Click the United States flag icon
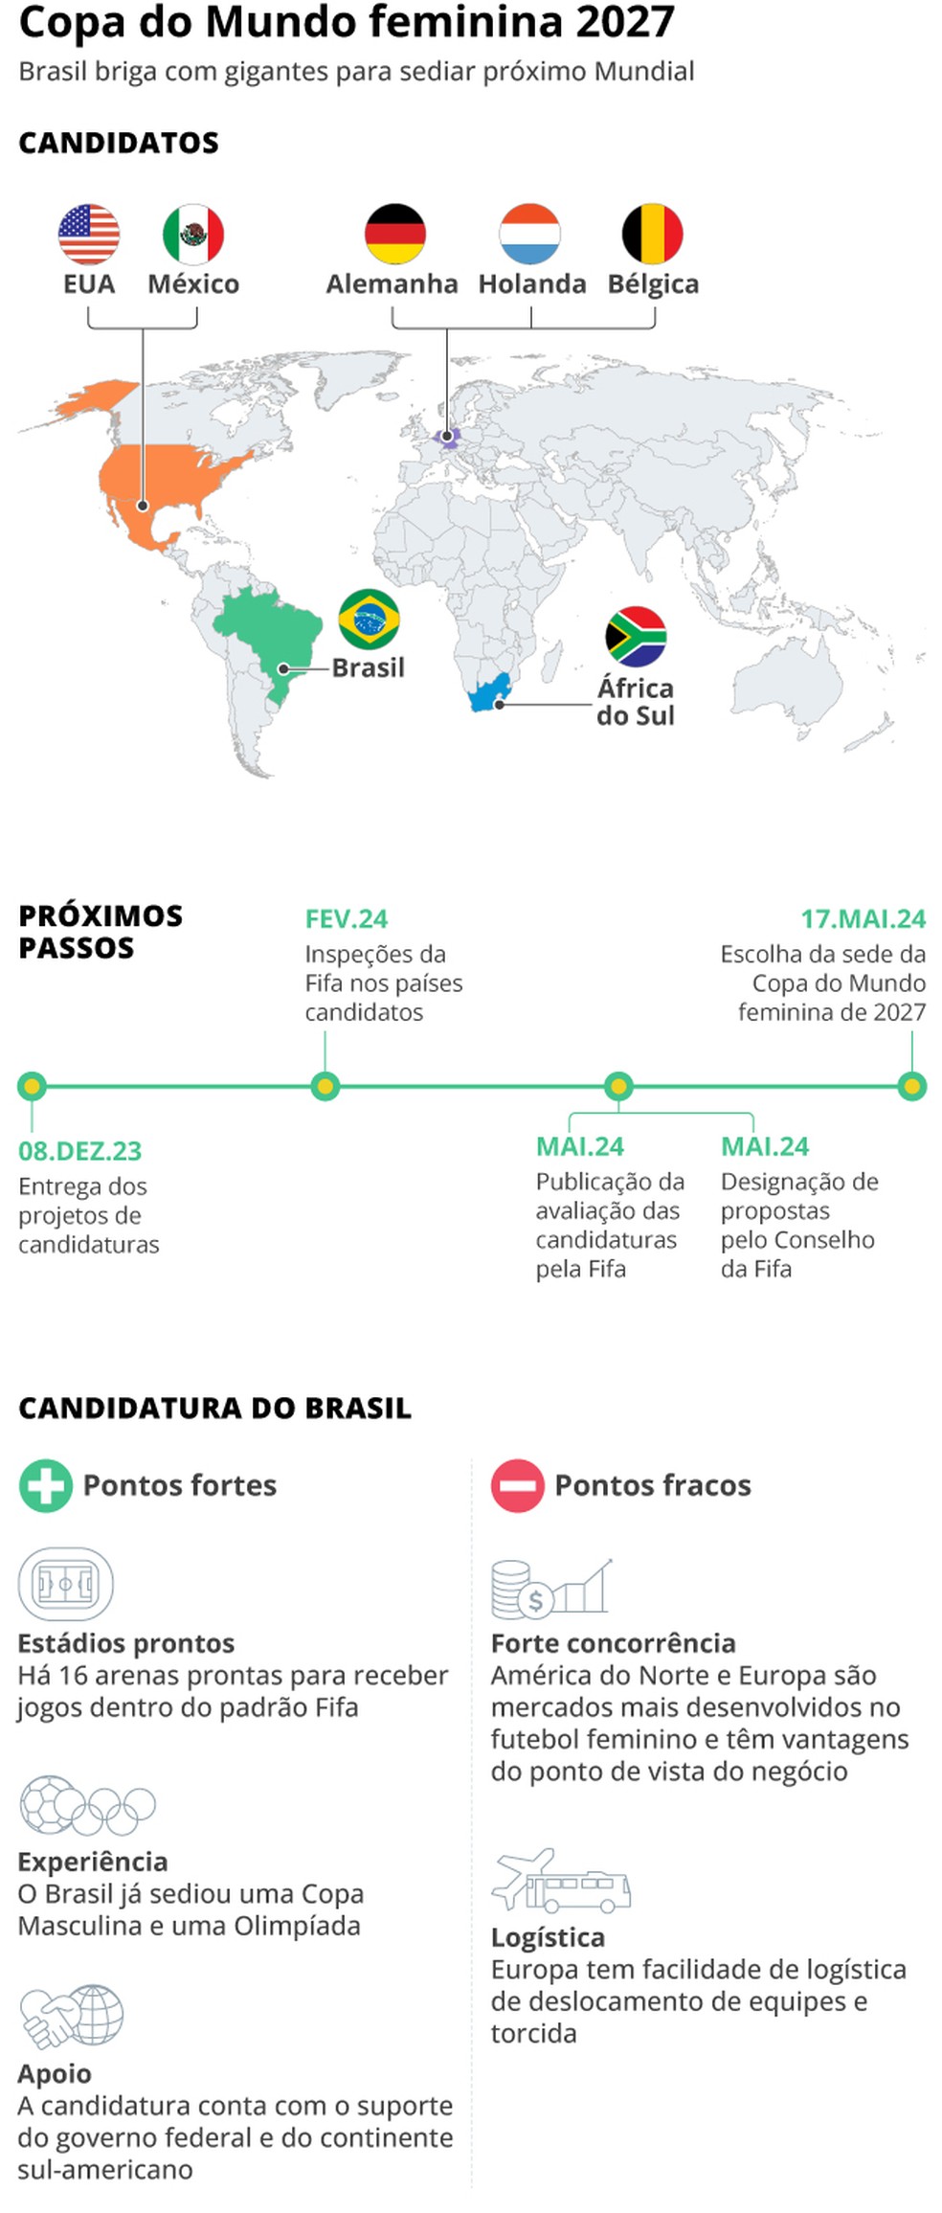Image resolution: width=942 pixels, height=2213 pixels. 89,234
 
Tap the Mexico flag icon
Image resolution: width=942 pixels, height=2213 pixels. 193,234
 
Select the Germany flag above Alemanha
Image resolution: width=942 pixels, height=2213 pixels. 394,234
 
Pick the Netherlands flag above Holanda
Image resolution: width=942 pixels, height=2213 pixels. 529,234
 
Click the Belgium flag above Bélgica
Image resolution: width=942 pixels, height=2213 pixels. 653,234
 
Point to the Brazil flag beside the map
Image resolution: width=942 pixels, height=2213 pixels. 369,620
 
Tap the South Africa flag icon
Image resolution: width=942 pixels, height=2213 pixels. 636,637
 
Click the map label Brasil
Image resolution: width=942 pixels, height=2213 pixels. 368,667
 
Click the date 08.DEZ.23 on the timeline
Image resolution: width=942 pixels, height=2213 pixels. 80,1151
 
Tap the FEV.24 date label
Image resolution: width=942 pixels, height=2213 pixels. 347,919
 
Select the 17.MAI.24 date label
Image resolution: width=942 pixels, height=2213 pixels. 863,919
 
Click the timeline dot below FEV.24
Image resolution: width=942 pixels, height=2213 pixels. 325,1086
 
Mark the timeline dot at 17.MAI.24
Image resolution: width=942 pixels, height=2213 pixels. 911,1086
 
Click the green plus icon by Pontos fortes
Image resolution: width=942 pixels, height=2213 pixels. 45,1485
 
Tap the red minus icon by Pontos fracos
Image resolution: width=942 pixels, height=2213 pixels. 517,1485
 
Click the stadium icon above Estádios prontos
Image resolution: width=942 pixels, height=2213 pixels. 65,1583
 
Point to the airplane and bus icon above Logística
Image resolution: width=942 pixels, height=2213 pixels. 560,1881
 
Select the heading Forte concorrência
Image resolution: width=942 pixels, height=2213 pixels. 613,1643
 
